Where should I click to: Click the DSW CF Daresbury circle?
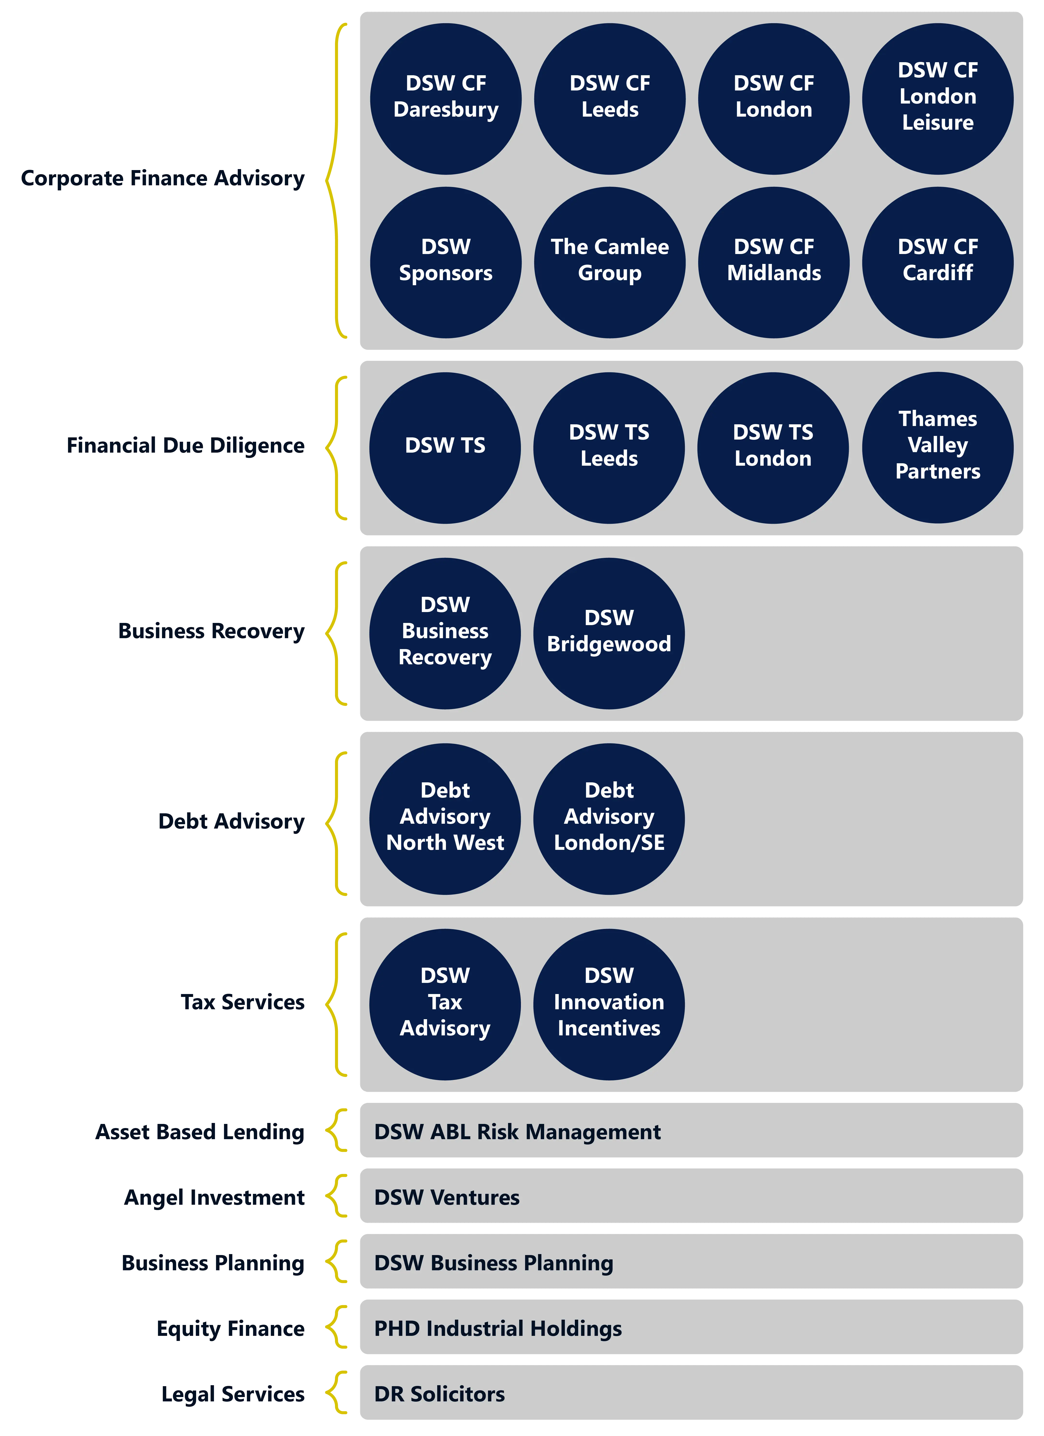(446, 99)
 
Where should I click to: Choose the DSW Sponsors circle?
(446, 262)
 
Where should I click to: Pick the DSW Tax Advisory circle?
(445, 1004)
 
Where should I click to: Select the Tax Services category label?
(243, 1002)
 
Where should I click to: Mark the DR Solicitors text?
(439, 1394)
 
